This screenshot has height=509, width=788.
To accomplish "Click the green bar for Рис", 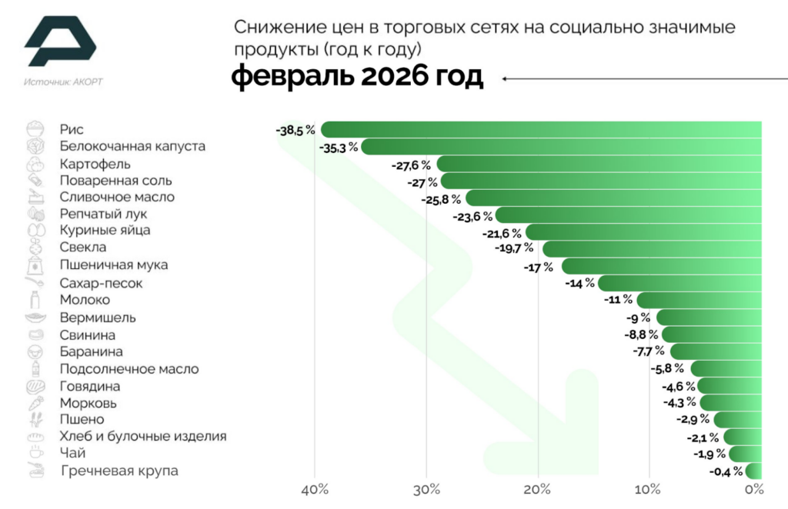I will (x=539, y=129).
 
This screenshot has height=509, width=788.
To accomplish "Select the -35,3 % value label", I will (x=338, y=147).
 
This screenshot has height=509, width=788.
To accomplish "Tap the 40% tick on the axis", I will (x=315, y=489).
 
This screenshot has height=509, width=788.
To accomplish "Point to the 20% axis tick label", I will (x=538, y=489).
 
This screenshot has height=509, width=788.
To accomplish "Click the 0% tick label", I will (x=754, y=489).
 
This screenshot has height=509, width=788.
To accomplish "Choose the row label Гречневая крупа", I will (x=119, y=471).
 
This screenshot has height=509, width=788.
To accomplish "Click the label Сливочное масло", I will (x=117, y=197).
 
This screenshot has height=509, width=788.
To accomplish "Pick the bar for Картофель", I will (x=600, y=164).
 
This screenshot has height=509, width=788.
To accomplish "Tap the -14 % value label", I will (x=579, y=283).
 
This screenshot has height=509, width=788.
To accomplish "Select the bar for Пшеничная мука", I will (x=662, y=266).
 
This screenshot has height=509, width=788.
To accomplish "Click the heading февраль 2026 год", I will (x=358, y=78).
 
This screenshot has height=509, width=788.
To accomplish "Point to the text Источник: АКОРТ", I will (x=63, y=82).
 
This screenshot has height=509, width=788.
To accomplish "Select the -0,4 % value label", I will (x=726, y=471).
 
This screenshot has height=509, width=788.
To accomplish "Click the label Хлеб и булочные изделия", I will (x=143, y=436).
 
